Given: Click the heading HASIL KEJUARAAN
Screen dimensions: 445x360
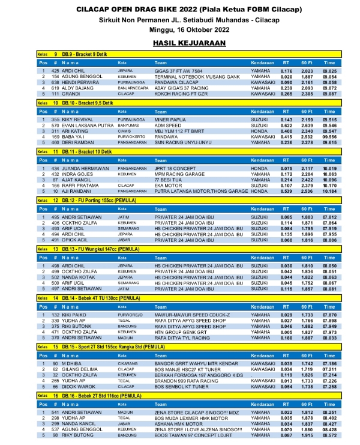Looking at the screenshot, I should pyautogui.click(x=179, y=43).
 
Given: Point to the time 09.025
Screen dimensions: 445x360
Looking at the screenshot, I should pyautogui.click(x=329, y=71).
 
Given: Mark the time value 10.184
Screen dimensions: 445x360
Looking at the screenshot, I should pyautogui.click(x=329, y=191).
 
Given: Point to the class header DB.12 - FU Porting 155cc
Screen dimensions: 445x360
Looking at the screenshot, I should pyautogui.click(x=91, y=200).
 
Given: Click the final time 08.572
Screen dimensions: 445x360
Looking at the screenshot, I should pyautogui.click(x=329, y=434).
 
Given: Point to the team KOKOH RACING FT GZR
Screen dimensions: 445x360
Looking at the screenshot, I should pyautogui.click(x=177, y=93).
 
